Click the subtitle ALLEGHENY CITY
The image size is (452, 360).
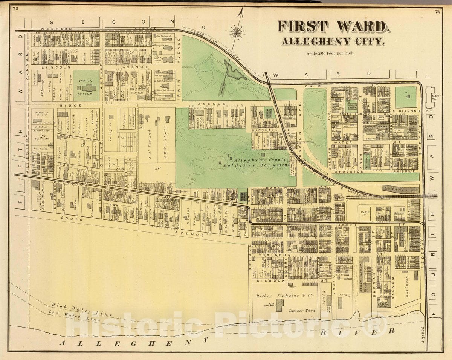click(333, 41)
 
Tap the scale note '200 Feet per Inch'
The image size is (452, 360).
click(330, 53)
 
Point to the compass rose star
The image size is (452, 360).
click(237, 32)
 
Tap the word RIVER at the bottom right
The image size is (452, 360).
click(371, 332)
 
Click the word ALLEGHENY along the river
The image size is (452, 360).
click(134, 342)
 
